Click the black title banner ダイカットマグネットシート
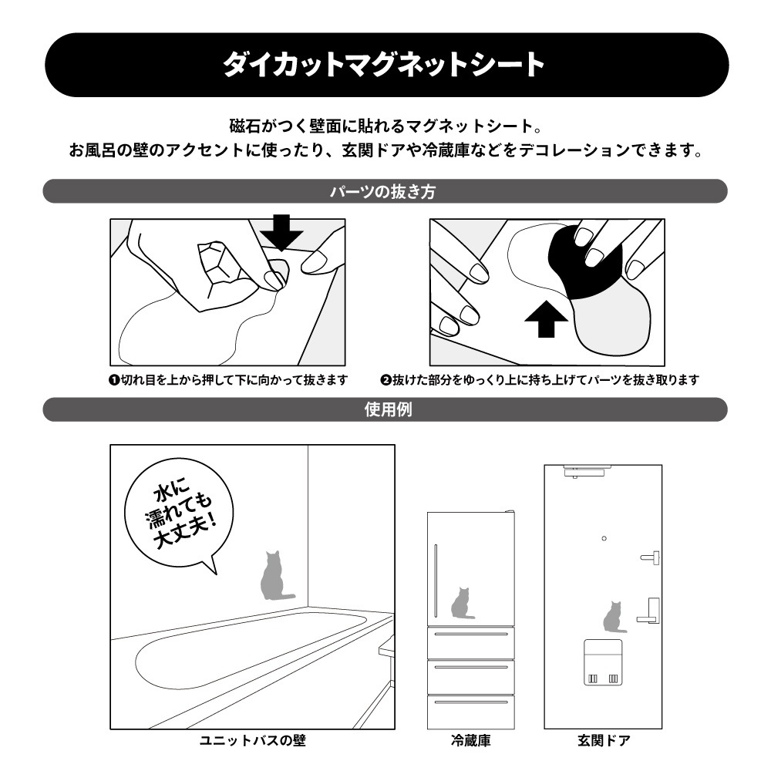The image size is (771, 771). [386, 65]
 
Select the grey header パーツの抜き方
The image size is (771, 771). [385, 191]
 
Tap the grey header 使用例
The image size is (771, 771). [385, 409]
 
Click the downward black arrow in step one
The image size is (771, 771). [281, 232]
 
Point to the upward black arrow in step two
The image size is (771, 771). [546, 319]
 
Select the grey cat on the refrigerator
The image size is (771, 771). [462, 603]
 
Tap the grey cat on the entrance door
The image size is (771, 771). [614, 617]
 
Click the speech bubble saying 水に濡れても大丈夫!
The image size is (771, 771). [180, 513]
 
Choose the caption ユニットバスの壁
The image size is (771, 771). [253, 740]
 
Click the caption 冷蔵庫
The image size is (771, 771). [470, 740]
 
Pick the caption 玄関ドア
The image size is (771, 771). [604, 740]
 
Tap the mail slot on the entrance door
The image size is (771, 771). [603, 662]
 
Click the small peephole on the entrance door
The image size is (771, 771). [604, 538]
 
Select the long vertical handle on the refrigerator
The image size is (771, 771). [436, 581]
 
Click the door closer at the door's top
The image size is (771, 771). [584, 471]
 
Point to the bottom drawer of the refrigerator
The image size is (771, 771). [470, 712]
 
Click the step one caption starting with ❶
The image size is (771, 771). [228, 380]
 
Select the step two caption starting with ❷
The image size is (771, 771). [540, 380]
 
